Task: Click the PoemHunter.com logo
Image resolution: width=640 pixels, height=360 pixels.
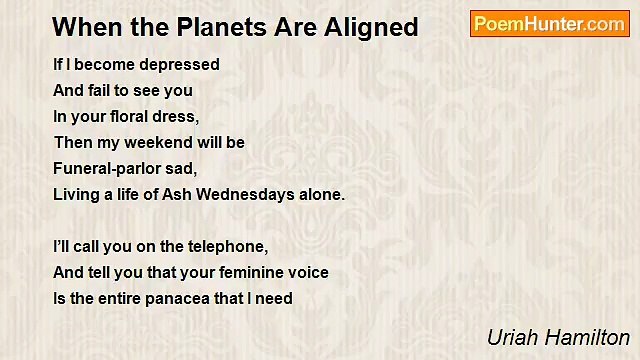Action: pos(549,24)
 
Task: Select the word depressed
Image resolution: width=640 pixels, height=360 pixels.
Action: pos(182,64)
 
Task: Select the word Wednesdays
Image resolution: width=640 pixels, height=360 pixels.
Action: pos(255,194)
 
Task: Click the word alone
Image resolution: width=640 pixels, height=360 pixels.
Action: pos(322,194)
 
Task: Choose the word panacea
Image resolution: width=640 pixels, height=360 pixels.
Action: pos(190,298)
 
